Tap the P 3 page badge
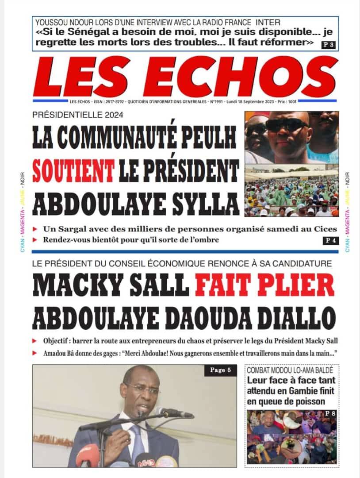coord(328,44)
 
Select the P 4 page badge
coord(329,241)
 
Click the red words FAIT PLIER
coord(264,286)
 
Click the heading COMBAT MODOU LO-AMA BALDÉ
coord(290,370)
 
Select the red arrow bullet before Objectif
coord(35,341)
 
